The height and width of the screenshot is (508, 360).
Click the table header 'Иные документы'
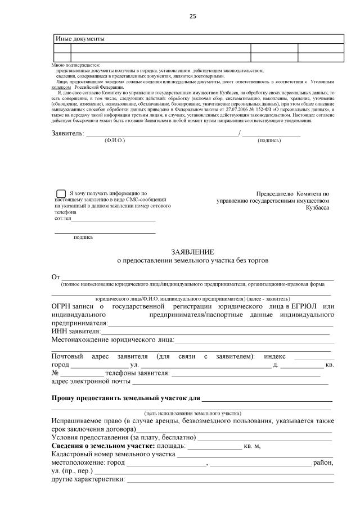[x=80, y=39]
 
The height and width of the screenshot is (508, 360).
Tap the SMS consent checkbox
[x=61, y=193]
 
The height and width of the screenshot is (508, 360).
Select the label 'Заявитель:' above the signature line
[x=67, y=133]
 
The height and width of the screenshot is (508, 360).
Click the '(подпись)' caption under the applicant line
[x=269, y=140]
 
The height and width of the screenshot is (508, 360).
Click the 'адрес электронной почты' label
[x=91, y=382]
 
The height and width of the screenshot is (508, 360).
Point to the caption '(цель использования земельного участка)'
[x=192, y=412]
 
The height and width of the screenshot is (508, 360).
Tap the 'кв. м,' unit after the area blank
[x=252, y=446]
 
